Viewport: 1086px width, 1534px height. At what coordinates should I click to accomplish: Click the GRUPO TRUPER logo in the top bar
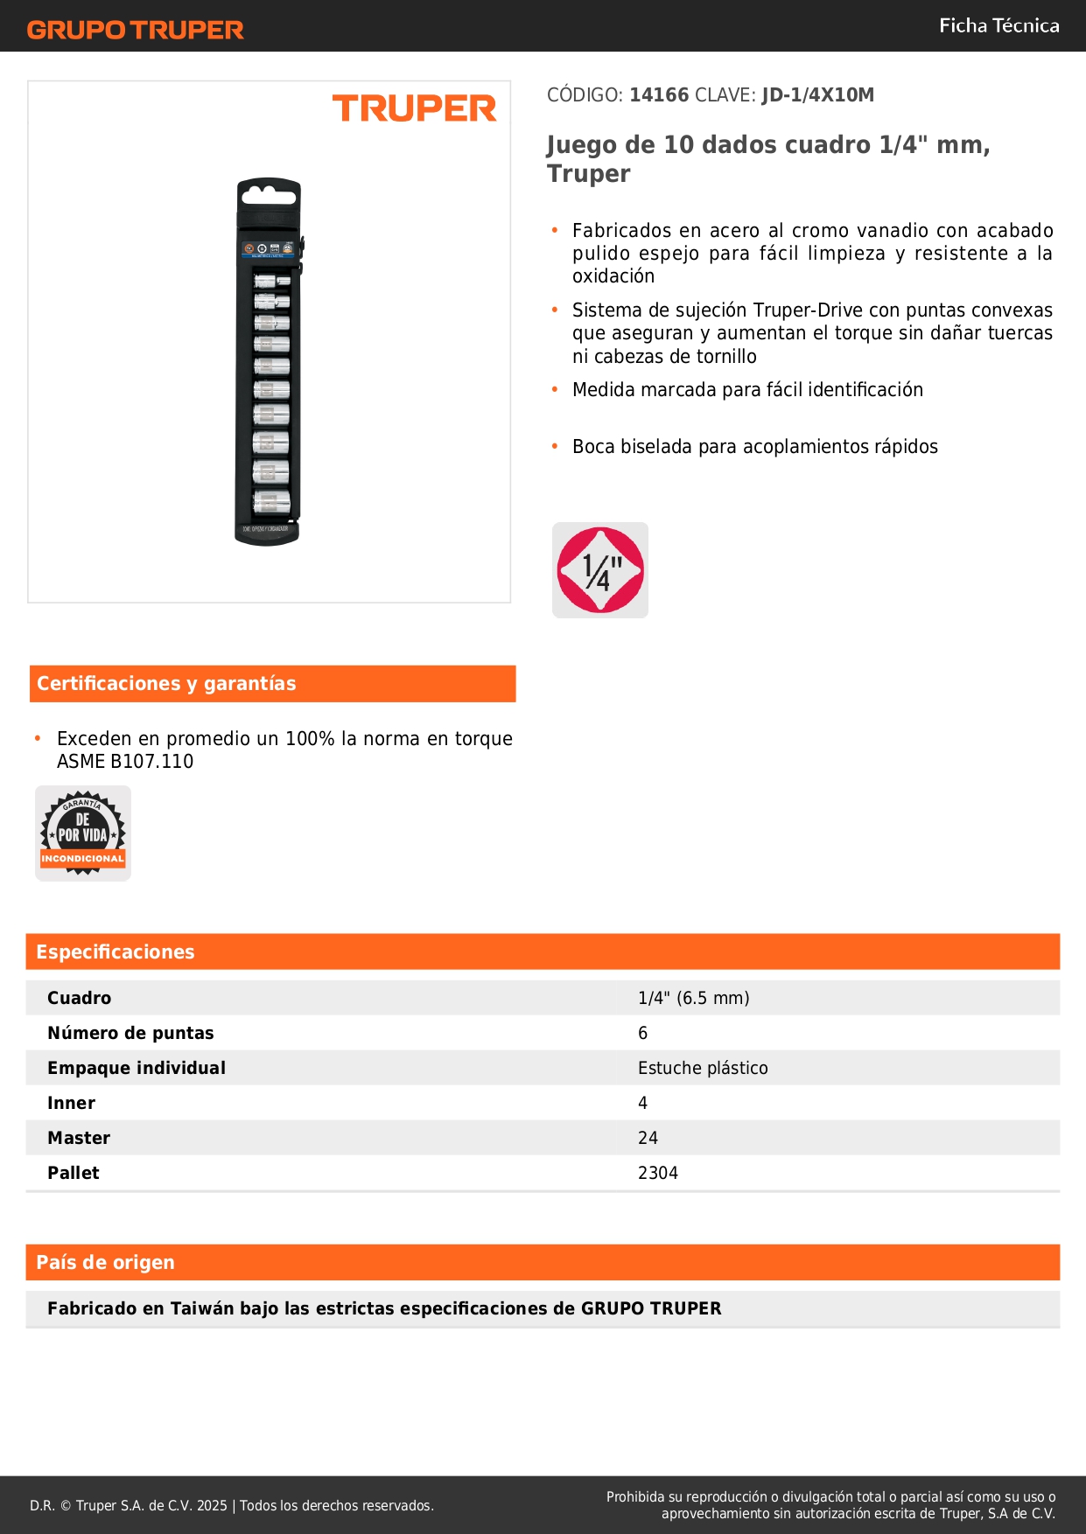[136, 30]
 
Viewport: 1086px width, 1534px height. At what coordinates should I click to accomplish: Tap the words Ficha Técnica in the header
[998, 26]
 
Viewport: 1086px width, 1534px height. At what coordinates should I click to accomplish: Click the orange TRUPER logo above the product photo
[414, 108]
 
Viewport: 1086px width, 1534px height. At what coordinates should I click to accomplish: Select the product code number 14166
[659, 95]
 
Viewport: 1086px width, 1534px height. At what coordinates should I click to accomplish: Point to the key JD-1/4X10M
[817, 95]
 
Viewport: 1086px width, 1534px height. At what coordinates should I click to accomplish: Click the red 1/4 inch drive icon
[600, 570]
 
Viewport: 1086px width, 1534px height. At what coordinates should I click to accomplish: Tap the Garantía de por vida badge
[83, 833]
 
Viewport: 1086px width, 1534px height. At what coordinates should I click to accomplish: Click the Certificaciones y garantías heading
[166, 684]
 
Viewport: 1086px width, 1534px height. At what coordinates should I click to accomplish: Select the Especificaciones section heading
[116, 952]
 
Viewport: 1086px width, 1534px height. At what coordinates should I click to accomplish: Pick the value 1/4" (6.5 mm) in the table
[693, 998]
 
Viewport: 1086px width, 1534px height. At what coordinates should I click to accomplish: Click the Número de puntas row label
[130, 1033]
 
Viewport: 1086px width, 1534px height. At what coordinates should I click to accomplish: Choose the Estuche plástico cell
[703, 1068]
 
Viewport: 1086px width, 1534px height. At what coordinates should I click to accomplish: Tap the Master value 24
[648, 1138]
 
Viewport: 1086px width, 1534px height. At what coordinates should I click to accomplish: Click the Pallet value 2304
[658, 1173]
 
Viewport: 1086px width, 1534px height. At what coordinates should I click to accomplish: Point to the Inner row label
[71, 1103]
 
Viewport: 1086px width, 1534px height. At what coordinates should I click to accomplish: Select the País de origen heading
[105, 1263]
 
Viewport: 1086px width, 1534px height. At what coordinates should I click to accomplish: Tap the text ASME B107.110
[125, 762]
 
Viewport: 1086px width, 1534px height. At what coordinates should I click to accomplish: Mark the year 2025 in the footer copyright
[212, 1505]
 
